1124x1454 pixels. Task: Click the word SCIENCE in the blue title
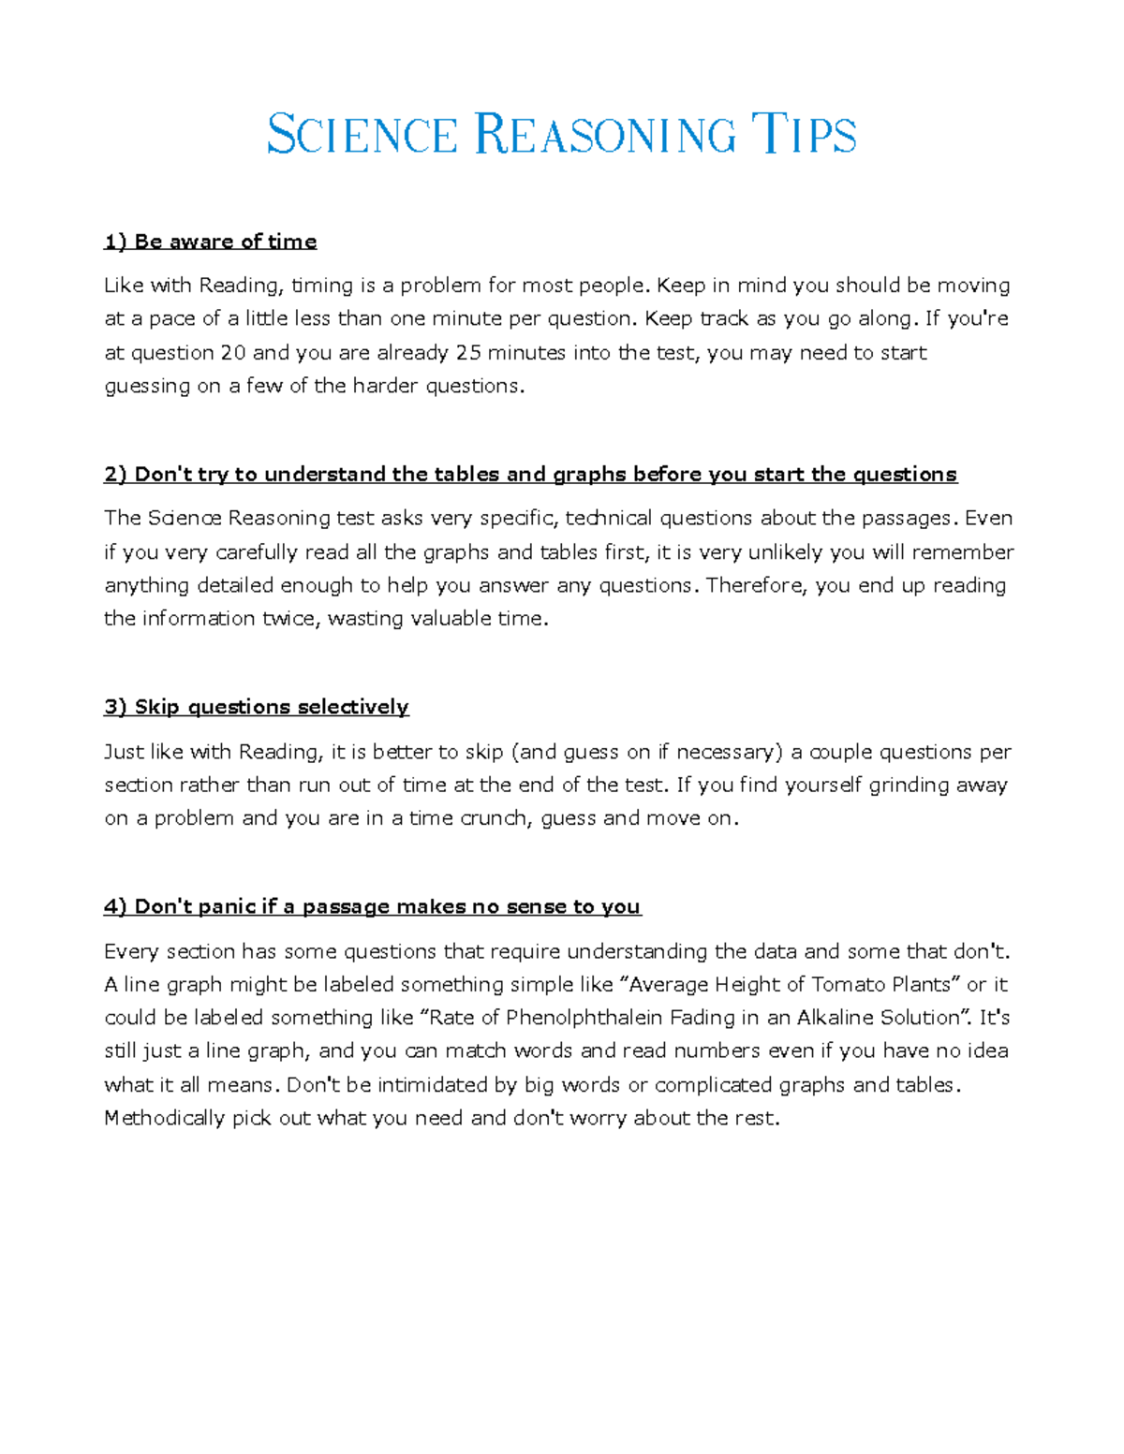click(362, 134)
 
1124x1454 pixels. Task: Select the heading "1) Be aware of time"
click(210, 242)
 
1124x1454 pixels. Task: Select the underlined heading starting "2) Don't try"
click(530, 475)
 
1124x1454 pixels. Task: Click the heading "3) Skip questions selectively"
click(257, 707)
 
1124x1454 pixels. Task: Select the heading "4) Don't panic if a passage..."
click(372, 906)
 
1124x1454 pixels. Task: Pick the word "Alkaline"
click(836, 1018)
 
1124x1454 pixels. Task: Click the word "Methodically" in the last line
click(164, 1118)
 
